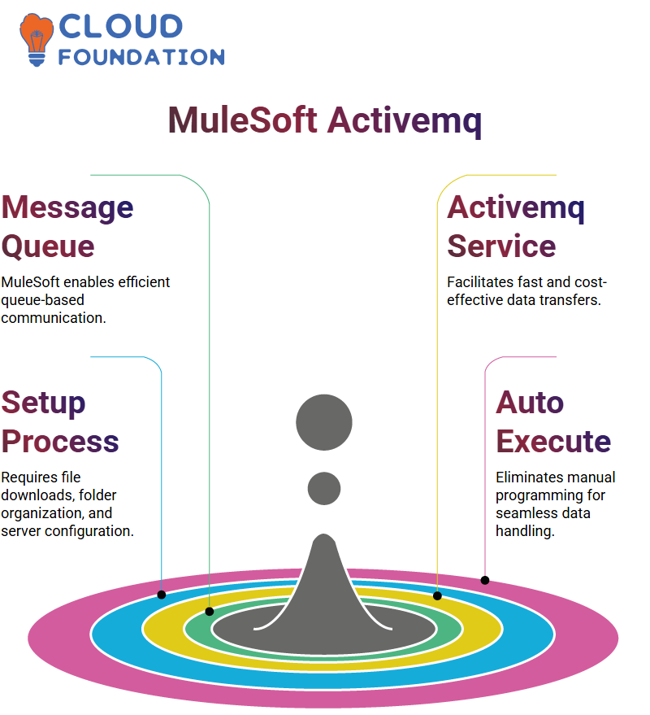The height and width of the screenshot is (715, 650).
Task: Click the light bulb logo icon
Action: (36, 39)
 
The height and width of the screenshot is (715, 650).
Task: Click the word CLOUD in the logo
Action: (121, 26)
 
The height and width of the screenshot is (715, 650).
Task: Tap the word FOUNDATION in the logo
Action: (141, 57)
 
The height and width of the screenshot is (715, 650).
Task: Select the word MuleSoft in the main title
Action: (242, 120)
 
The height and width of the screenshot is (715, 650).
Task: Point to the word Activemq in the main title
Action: (405, 121)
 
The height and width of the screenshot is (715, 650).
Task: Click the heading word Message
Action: (67, 208)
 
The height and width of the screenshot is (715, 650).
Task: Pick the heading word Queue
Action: (48, 246)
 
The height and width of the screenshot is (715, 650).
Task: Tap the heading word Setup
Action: (43, 403)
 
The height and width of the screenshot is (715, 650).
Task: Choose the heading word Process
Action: (60, 442)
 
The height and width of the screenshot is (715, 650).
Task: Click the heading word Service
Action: (501, 246)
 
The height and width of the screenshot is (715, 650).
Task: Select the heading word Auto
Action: (530, 403)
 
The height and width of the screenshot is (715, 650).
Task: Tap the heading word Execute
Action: (553, 442)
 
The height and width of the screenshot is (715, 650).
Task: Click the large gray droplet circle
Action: (324, 422)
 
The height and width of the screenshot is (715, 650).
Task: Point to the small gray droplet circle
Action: (324, 488)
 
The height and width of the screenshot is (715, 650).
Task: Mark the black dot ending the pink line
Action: (485, 581)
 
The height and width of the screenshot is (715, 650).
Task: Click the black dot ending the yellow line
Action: (437, 595)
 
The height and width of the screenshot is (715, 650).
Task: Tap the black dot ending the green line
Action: (210, 612)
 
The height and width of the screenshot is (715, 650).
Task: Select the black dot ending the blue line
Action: (161, 595)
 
